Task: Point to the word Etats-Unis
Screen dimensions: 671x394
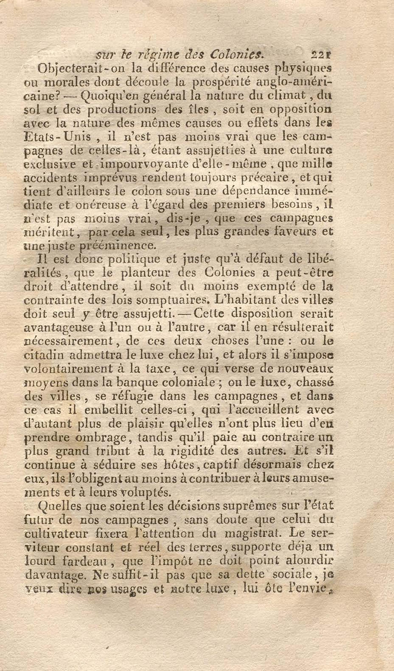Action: [x=57, y=137]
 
